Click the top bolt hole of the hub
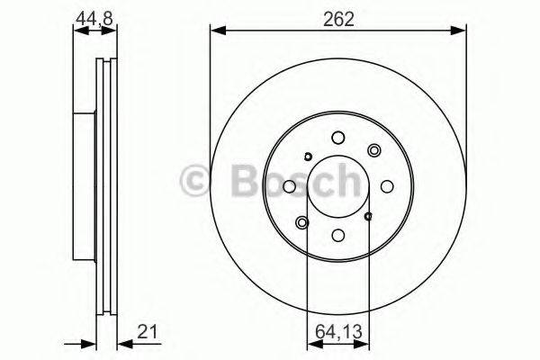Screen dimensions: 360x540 pyautogui.click(x=337, y=138)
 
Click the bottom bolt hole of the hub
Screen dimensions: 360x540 pyautogui.click(x=337, y=235)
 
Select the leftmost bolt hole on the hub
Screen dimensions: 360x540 pyautogui.click(x=290, y=186)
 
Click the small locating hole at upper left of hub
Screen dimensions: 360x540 pyautogui.click(x=307, y=157)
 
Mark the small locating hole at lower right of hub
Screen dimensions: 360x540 pyautogui.click(x=368, y=216)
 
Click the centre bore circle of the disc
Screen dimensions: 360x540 pyautogui.click(x=337, y=186)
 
